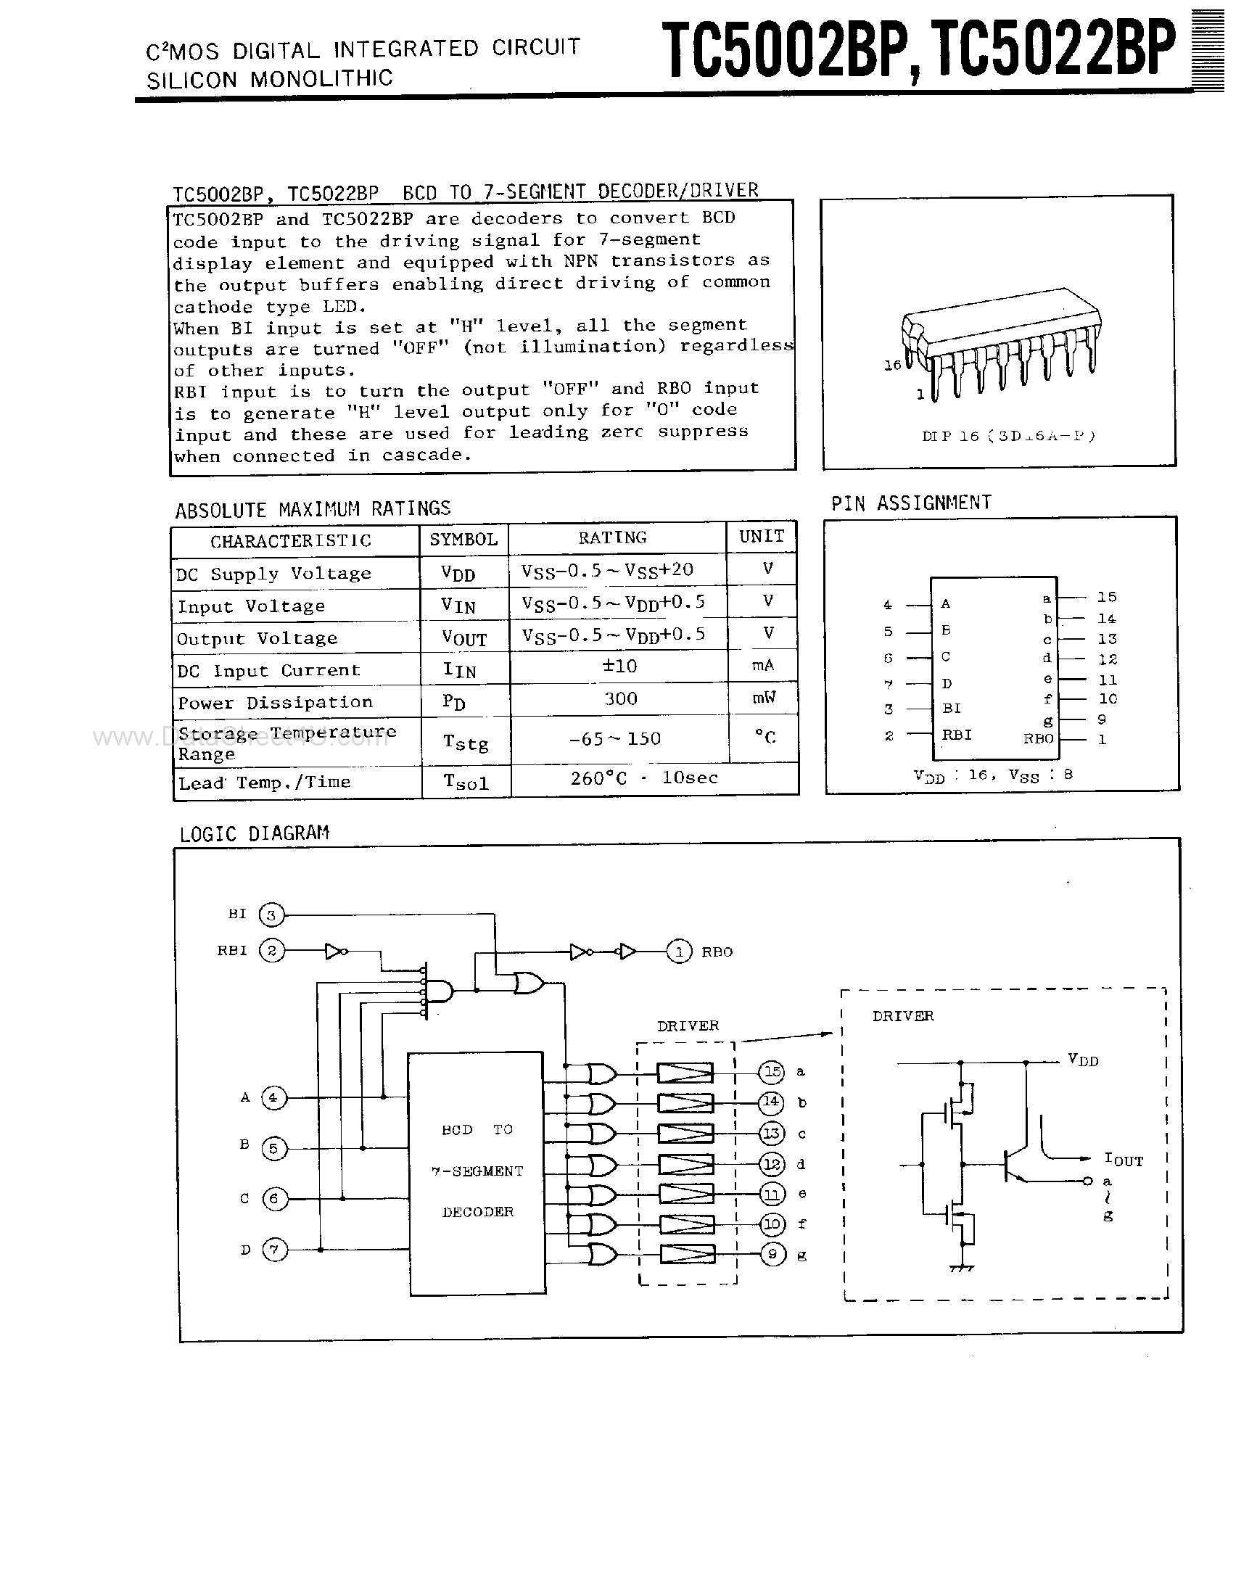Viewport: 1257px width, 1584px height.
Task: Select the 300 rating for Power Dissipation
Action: coord(620,698)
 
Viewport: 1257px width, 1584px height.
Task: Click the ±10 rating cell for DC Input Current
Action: coord(619,666)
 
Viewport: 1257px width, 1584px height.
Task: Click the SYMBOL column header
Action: coord(463,540)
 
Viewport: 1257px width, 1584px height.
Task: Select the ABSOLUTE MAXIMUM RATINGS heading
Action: coord(312,508)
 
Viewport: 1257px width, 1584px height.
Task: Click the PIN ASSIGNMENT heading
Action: coord(911,503)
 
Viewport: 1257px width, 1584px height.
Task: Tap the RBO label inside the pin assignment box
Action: coord(1038,738)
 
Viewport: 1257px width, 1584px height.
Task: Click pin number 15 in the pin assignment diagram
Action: coord(1106,597)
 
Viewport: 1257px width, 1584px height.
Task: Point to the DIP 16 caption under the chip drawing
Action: coord(1008,436)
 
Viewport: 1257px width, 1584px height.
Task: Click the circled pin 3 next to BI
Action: coord(272,915)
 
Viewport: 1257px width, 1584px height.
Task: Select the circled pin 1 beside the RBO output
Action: coord(679,952)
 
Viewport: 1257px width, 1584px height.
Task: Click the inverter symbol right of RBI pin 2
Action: coord(336,952)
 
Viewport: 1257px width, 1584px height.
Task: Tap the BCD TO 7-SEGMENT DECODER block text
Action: coord(477,1171)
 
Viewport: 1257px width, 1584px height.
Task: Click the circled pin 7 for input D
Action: coord(274,1250)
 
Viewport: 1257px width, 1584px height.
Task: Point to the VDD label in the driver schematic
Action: coord(1083,1060)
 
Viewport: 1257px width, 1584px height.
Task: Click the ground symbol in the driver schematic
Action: coord(962,1268)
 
